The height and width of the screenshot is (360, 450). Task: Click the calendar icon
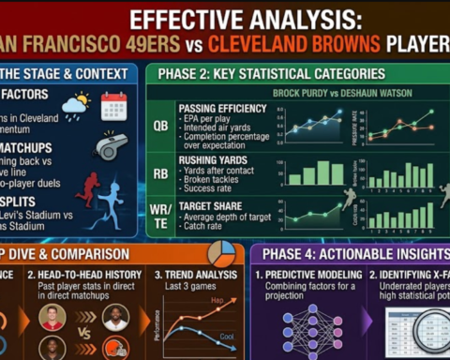[113, 105]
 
